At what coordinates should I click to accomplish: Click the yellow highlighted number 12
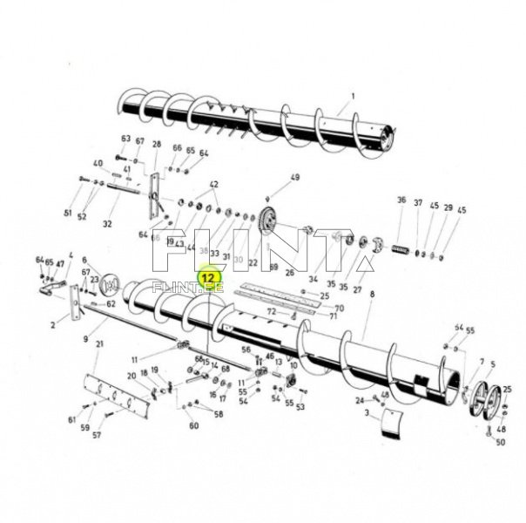208,277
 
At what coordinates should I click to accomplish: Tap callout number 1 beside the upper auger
354,95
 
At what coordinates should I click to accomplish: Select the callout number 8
372,296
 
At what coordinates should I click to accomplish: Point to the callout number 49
294,177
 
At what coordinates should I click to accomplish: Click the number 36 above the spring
401,201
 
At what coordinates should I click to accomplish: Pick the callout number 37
419,202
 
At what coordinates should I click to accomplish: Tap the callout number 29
448,207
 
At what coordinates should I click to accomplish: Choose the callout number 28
157,144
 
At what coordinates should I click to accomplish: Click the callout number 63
125,139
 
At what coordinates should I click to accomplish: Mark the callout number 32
107,224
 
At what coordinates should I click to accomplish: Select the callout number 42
213,184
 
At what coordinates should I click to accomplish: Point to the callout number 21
100,345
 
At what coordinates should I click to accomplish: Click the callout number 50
500,442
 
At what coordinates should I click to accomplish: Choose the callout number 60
194,425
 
